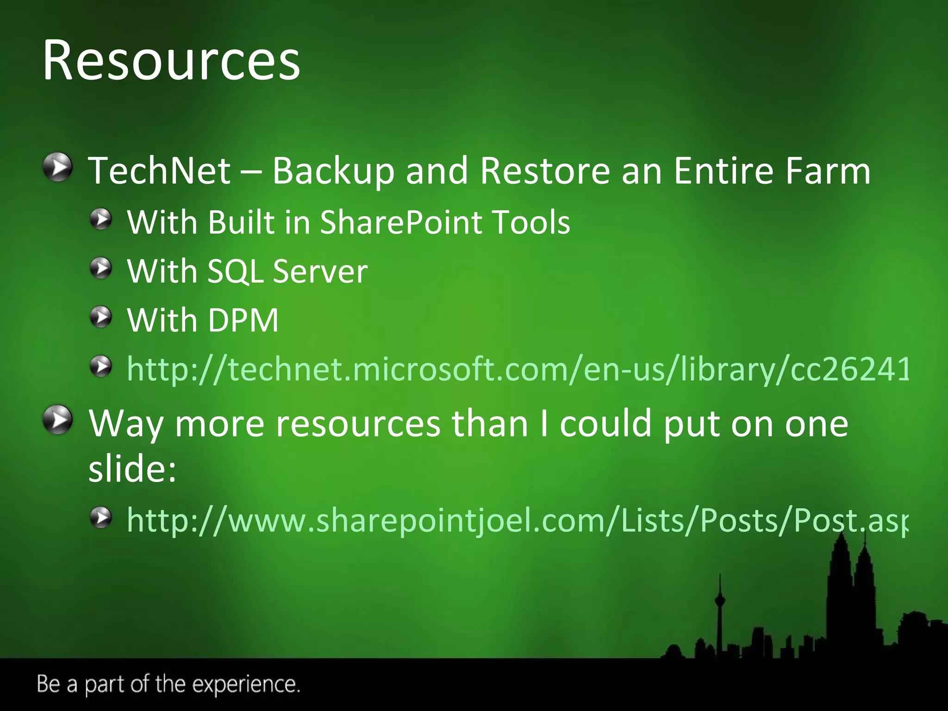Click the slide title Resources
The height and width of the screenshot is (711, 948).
point(171,61)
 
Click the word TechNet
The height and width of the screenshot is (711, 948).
point(159,170)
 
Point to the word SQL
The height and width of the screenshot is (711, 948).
point(235,271)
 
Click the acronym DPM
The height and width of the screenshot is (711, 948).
point(243,320)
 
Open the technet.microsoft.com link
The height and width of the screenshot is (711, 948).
point(518,369)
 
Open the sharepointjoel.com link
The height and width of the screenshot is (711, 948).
point(517,520)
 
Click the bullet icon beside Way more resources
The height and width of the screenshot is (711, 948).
point(58,420)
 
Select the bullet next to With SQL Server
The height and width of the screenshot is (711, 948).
point(101,268)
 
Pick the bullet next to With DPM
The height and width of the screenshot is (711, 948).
point(101,318)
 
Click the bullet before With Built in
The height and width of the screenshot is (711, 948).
point(101,219)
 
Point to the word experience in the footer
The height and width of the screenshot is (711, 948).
point(246,684)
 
